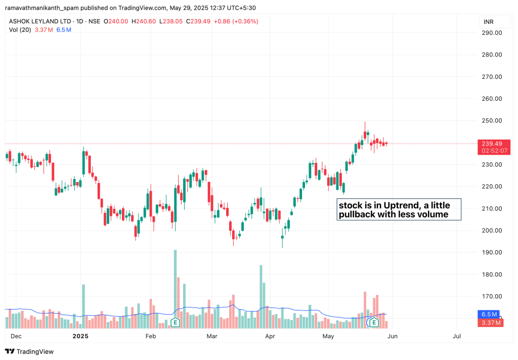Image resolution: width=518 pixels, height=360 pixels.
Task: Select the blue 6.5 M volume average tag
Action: pos(489,314)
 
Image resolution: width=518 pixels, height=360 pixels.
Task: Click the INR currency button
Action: pos(489,22)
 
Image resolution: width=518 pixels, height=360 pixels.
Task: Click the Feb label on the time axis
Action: pos(151,336)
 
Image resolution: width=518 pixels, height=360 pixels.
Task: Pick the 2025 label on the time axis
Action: pos(81,336)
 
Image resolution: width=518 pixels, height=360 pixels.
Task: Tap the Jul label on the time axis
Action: pos(457,336)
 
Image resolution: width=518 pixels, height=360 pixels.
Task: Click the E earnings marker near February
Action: pos(176,322)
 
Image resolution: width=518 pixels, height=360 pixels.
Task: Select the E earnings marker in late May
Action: pos(374,322)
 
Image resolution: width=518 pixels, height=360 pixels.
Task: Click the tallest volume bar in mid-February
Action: pos(175,283)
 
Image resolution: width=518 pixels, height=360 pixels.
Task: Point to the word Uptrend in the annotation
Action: pos(400,206)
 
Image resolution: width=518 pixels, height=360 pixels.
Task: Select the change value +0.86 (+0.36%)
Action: pos(236,21)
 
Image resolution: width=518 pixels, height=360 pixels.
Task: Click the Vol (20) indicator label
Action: pos(21,30)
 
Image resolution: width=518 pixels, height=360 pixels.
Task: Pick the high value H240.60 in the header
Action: pos(143,21)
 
